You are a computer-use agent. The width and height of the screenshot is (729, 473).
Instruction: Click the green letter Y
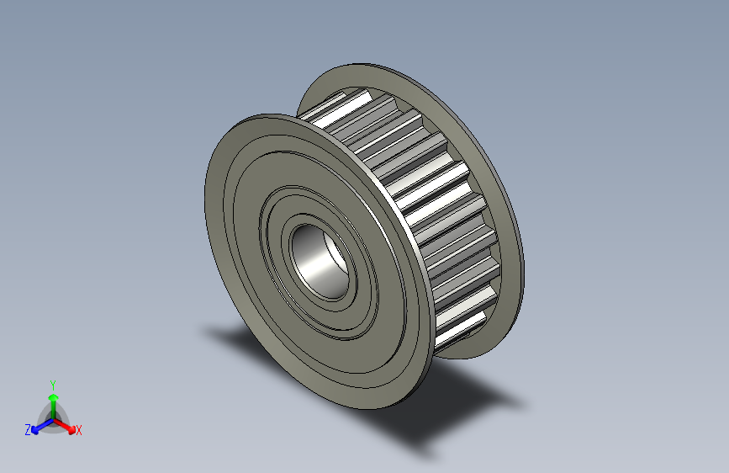52,383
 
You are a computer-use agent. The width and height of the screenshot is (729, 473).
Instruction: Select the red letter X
79,431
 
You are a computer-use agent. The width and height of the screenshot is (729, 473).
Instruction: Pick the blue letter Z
28,430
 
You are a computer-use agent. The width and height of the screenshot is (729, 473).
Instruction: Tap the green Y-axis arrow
52,401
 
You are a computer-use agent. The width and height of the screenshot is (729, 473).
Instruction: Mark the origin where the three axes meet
53,418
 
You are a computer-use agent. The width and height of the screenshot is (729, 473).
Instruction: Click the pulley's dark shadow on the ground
454,404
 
